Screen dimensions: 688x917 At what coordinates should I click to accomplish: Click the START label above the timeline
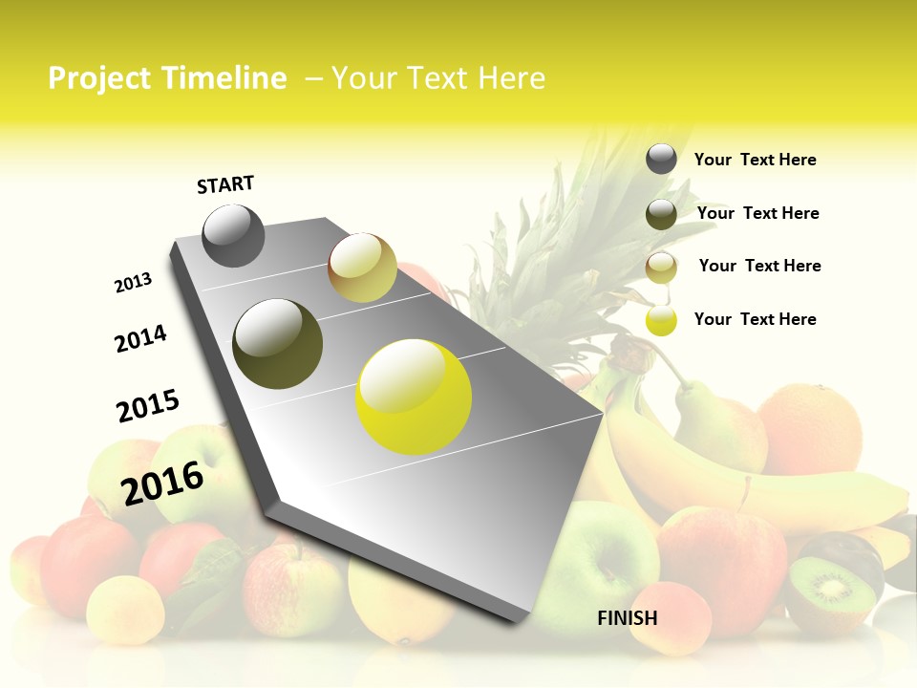click(x=225, y=184)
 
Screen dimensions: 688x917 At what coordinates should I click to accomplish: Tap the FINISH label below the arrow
click(x=627, y=618)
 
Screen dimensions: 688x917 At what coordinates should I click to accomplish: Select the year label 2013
click(x=133, y=283)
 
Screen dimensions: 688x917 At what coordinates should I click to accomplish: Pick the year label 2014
click(x=140, y=338)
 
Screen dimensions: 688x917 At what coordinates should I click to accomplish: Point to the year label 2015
click(x=148, y=406)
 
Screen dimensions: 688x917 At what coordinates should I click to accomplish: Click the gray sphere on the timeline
click(x=233, y=235)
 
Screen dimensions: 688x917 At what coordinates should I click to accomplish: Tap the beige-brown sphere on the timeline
click(x=362, y=268)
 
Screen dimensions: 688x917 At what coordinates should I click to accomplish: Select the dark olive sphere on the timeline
click(x=277, y=344)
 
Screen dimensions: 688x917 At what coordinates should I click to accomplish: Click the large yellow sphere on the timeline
click(x=414, y=397)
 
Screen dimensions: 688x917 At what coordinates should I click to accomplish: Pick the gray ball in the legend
click(x=661, y=159)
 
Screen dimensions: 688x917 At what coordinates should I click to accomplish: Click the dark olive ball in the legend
click(x=661, y=214)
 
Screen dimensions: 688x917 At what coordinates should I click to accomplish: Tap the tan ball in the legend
click(x=661, y=268)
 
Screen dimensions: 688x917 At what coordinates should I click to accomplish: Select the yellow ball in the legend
click(x=661, y=320)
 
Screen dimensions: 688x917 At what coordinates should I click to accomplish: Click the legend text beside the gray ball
click(x=755, y=160)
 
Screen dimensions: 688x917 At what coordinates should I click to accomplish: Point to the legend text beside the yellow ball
click(x=755, y=319)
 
